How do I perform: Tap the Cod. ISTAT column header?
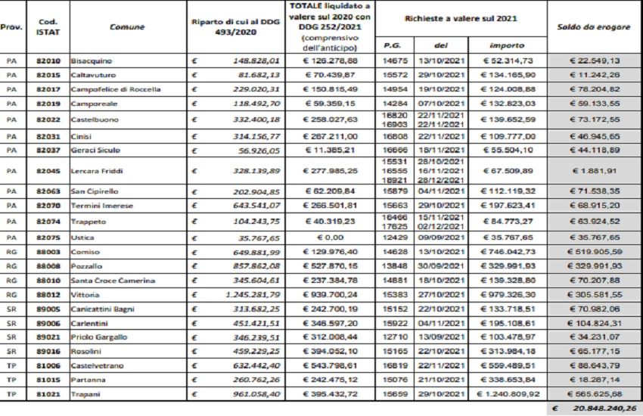tap(47, 27)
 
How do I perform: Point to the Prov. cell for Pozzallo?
tap(12, 266)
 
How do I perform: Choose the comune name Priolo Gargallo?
tap(99, 337)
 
